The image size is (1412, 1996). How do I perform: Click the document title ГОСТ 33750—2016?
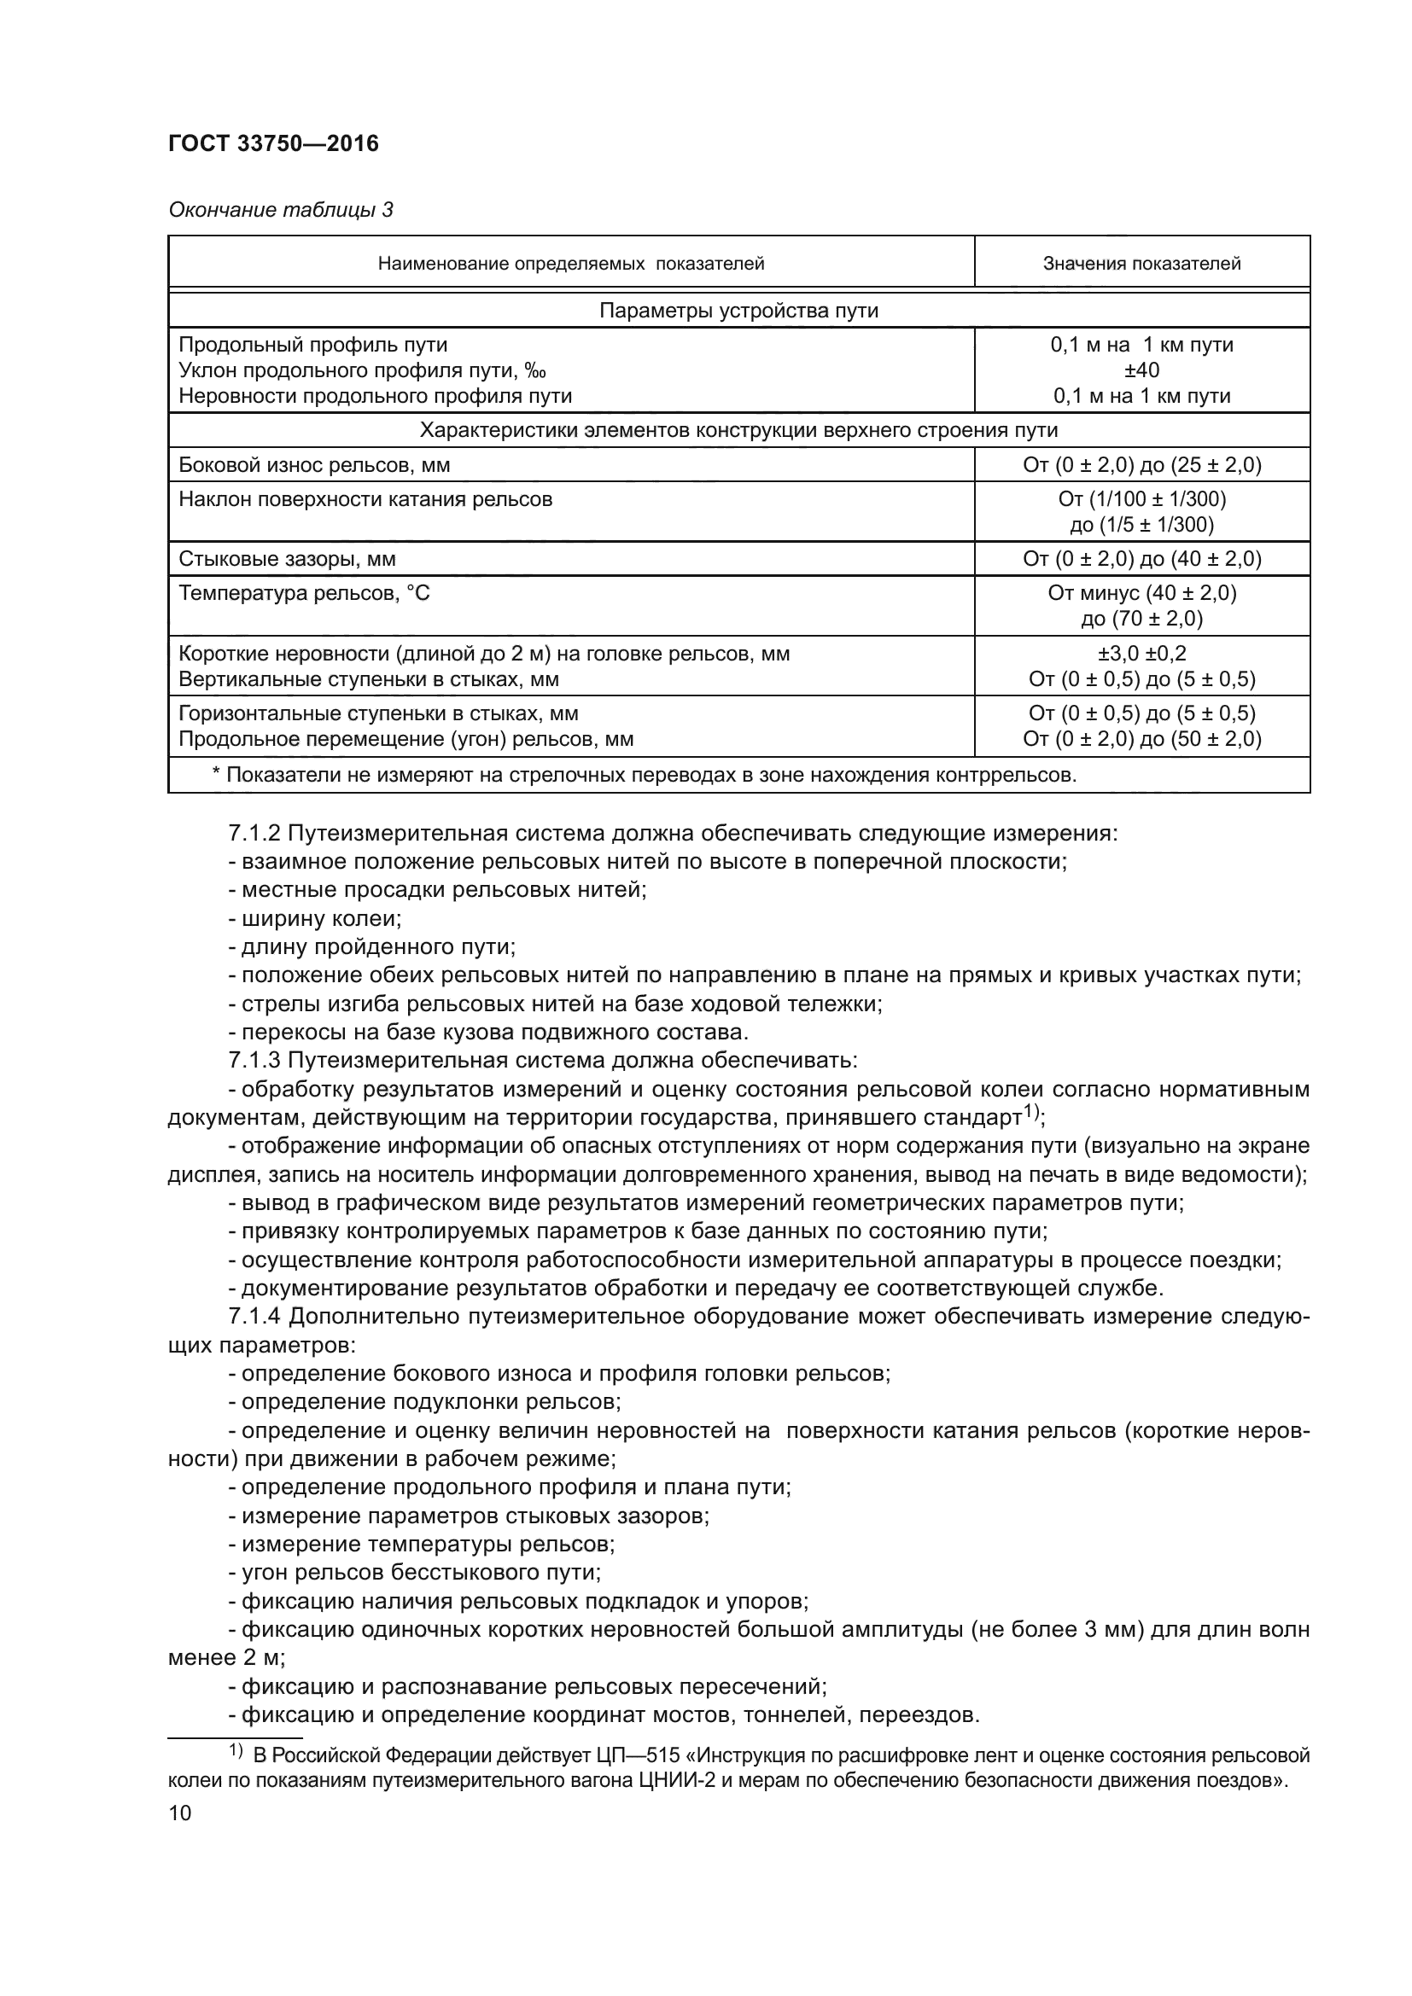point(273,143)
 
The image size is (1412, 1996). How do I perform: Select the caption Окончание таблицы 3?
point(280,210)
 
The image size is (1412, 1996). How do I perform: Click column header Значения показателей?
point(1141,264)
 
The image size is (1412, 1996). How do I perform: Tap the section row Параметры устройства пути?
point(738,311)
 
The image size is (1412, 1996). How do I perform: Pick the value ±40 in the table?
point(1141,370)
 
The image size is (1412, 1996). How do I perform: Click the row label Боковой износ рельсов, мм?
point(314,465)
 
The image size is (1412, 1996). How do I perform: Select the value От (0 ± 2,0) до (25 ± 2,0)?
point(1141,465)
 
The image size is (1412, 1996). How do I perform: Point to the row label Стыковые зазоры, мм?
point(287,559)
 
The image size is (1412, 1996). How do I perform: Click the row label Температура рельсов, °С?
point(303,594)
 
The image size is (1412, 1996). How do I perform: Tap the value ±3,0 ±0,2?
point(1141,654)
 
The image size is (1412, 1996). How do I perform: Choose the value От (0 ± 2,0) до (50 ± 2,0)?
point(1141,740)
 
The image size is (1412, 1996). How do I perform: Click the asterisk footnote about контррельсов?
point(644,776)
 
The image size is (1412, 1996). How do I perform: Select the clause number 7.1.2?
point(254,834)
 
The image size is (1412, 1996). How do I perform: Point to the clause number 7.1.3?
point(254,1061)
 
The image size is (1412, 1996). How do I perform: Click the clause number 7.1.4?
point(254,1317)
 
